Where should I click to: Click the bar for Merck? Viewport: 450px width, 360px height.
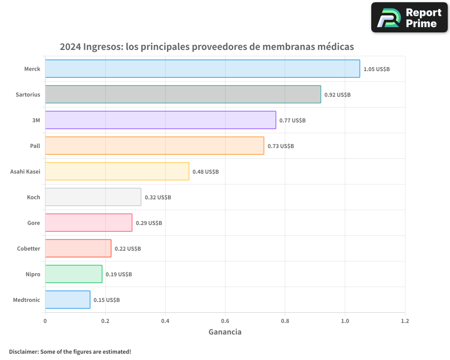[x=202, y=69]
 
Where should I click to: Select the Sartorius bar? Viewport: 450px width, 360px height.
[x=183, y=94]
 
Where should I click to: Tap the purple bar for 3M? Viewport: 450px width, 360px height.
[x=160, y=120]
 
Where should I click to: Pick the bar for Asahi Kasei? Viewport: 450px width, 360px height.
[x=117, y=171]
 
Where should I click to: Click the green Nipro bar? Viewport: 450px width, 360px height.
[x=73, y=274]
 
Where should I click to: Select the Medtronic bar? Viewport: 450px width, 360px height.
[x=67, y=300]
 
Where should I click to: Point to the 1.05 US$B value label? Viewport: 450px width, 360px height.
[x=377, y=69]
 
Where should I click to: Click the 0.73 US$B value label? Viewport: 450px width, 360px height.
[x=281, y=146]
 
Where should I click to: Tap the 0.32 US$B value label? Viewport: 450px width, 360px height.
[x=158, y=198]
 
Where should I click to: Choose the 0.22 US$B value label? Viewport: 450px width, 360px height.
[x=128, y=249]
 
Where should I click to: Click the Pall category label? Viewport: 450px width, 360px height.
[x=35, y=146]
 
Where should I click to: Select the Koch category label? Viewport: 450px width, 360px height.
[x=33, y=197]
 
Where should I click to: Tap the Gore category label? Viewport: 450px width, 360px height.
[x=33, y=223]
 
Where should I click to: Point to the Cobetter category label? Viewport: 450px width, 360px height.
[x=28, y=248]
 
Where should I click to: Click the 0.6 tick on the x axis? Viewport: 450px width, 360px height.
[x=225, y=321]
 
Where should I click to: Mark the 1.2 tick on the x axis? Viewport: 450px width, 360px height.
[x=405, y=321]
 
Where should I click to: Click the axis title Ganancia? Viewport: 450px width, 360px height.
[x=225, y=332]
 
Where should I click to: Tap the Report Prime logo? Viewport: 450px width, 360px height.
[x=409, y=18]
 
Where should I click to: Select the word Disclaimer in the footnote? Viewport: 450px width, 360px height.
[x=23, y=351]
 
